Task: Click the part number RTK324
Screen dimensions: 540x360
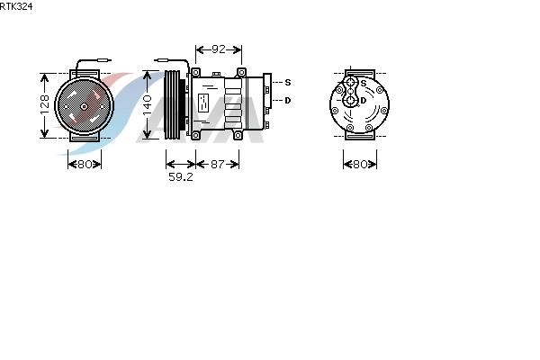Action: coord(16,6)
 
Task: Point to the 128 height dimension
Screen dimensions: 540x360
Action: coord(45,104)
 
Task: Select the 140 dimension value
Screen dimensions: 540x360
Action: coord(147,105)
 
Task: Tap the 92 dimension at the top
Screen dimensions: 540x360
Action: coord(219,49)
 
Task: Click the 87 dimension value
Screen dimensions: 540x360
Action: coord(217,164)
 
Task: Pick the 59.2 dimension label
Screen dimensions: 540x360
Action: coord(181,176)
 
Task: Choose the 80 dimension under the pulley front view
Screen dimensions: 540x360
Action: coord(85,164)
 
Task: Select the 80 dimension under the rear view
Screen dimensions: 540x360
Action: coord(360,164)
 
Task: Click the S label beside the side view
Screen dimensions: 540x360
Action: coord(288,82)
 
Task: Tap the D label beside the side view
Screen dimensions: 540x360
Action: coord(288,101)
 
